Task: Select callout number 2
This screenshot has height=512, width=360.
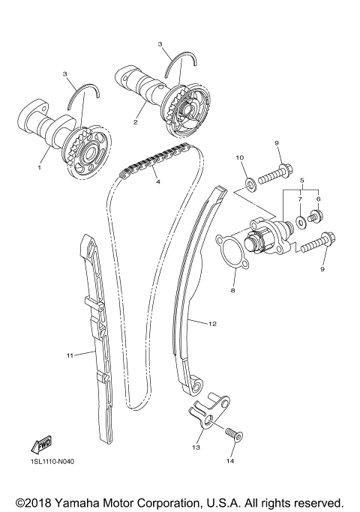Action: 135,121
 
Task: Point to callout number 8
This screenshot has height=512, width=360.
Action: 233,289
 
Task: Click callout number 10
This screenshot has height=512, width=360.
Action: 240,158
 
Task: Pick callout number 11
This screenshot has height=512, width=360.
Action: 69,355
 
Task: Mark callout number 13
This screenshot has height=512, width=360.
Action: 196,448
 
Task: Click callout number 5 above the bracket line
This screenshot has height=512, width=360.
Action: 303,181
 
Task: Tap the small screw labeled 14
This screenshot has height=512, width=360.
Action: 230,433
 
